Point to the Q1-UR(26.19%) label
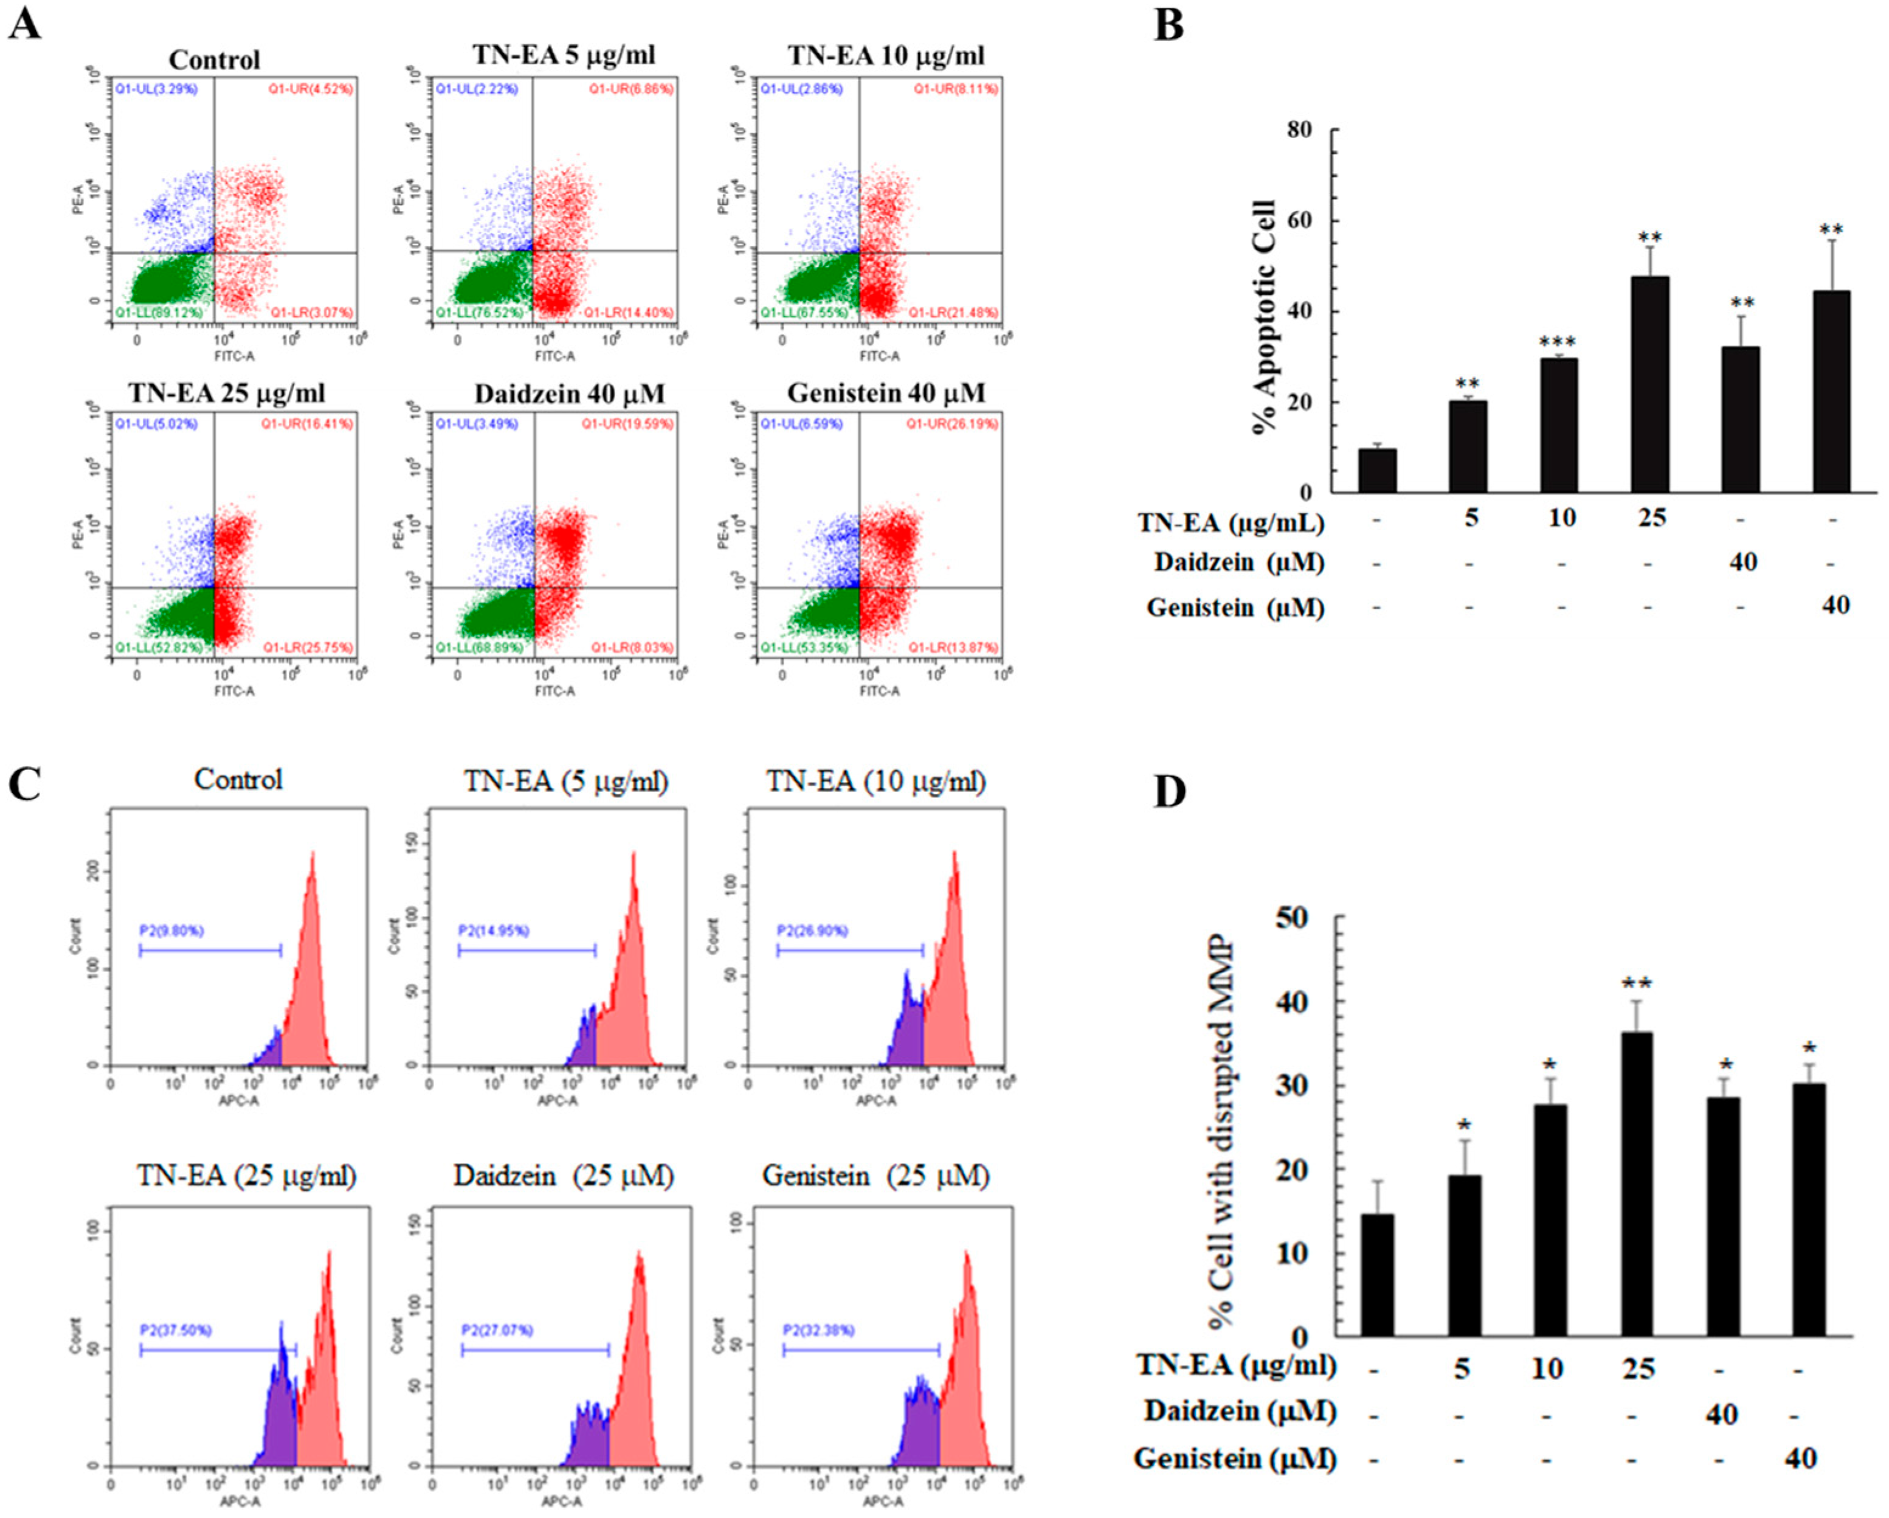pos(951,424)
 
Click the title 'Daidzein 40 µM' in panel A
pos(570,393)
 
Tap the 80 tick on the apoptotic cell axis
pos(1299,130)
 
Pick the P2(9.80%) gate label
pos(171,931)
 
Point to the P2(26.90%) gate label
pos(812,931)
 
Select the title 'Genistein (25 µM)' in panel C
pos(875,1176)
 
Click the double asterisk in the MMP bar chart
pos(1636,983)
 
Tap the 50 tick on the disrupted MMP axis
pos(1291,918)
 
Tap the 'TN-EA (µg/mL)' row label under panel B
pos(1230,522)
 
